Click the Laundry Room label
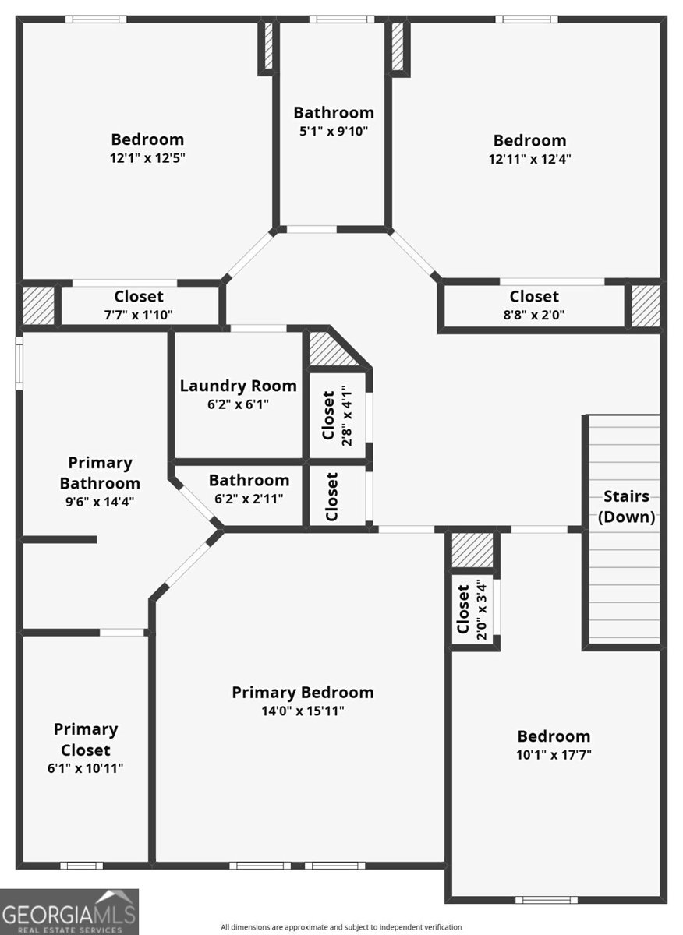[x=238, y=386]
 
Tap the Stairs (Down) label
[x=625, y=507]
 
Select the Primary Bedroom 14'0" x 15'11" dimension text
[x=303, y=711]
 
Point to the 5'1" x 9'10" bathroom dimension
[x=333, y=132]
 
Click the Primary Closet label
[x=86, y=740]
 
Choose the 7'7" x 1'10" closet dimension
[x=138, y=314]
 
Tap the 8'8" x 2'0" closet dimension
[x=534, y=314]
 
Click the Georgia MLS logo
[x=69, y=912]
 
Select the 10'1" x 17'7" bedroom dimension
[x=554, y=754]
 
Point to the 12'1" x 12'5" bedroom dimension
[x=147, y=157]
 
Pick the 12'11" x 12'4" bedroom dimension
[x=529, y=159]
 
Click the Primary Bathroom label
[x=100, y=473]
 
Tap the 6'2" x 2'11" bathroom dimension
[x=249, y=499]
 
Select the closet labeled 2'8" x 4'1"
[x=337, y=415]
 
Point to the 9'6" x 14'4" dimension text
[x=100, y=502]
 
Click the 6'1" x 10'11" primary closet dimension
[x=86, y=768]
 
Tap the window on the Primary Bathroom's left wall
[x=19, y=362]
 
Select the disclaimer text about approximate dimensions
[x=341, y=927]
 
